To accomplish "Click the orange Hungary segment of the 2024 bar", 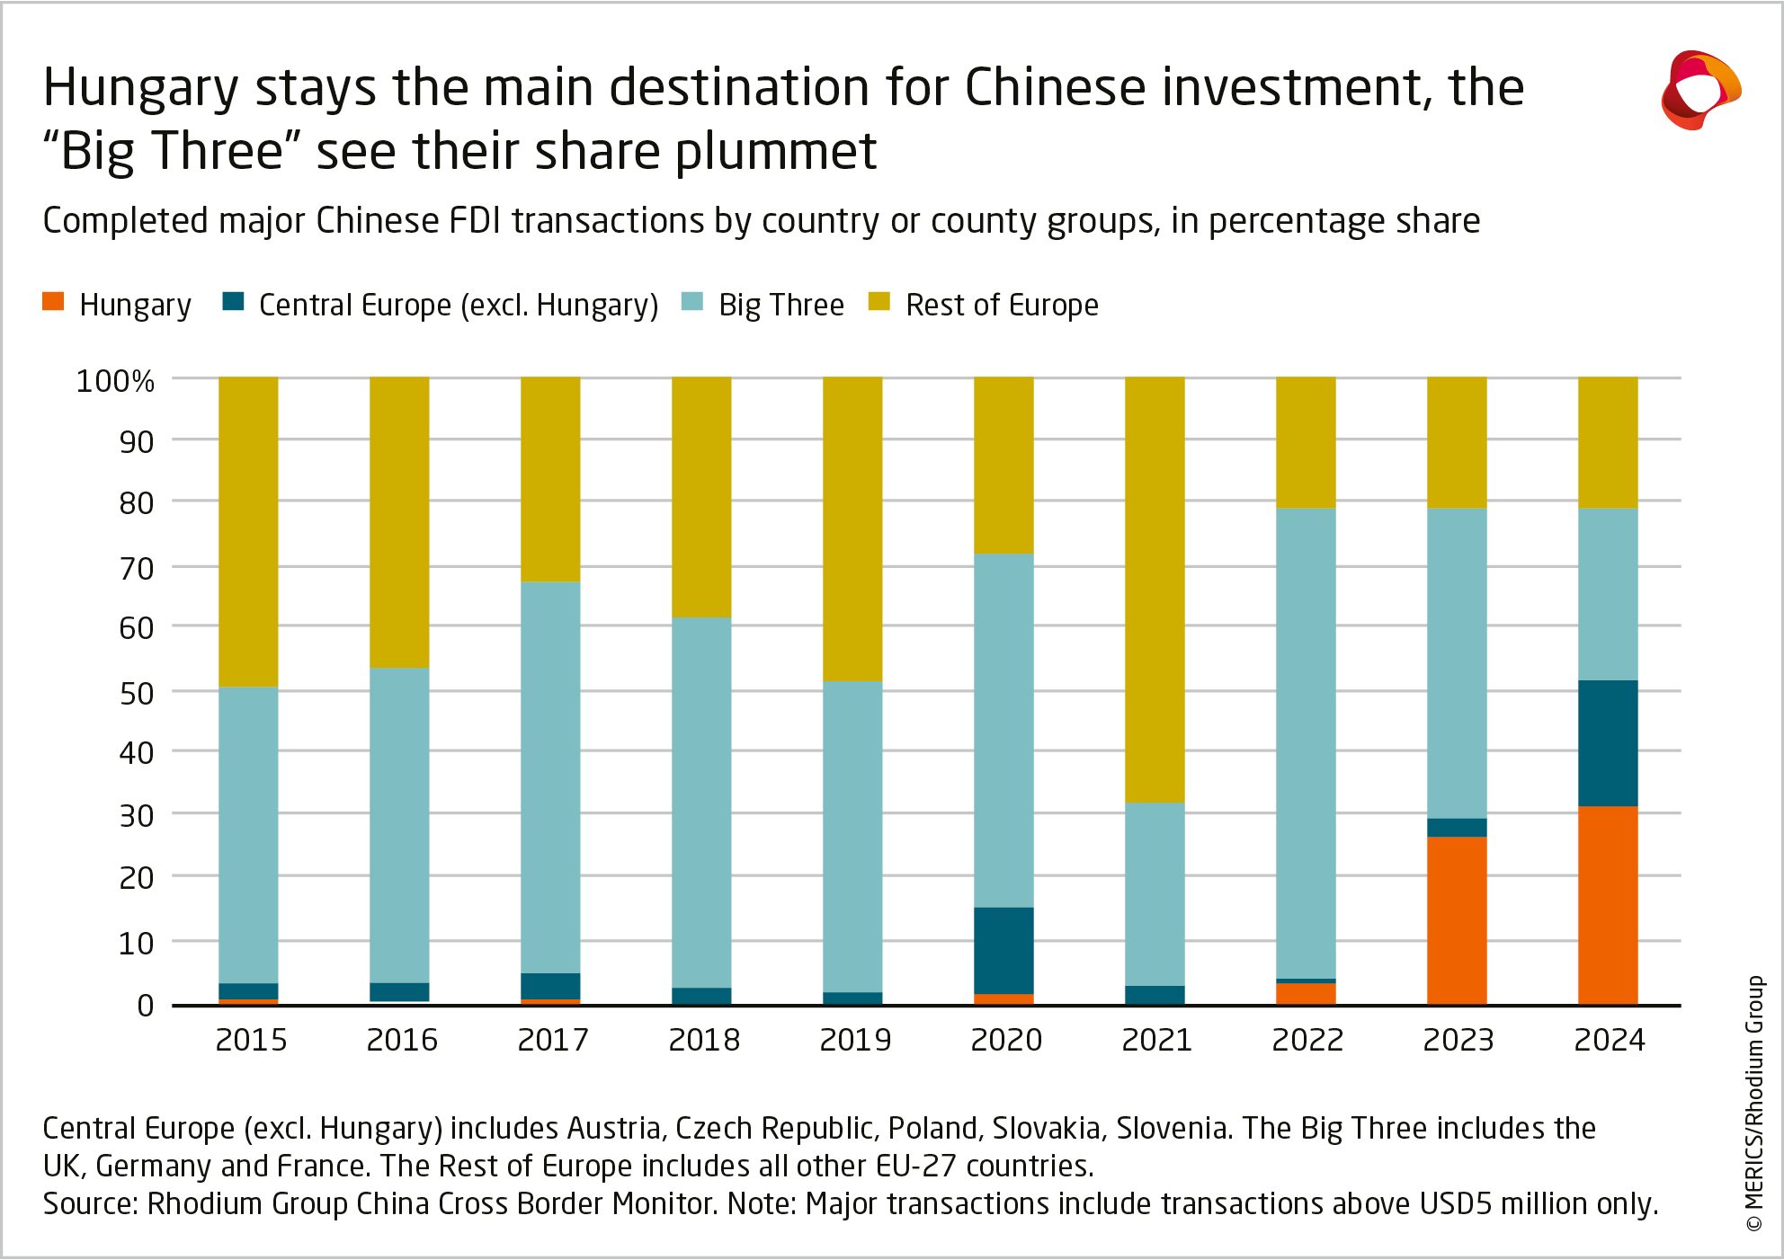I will (1608, 905).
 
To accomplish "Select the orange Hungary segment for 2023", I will (1457, 920).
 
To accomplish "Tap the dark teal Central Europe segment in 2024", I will (1608, 743).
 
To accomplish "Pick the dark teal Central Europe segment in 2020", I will (1003, 951).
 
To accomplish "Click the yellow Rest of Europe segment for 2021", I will (1155, 590).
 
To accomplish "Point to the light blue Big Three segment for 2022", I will (1306, 743).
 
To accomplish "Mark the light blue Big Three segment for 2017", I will (550, 777).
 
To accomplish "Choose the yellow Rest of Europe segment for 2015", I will (248, 532).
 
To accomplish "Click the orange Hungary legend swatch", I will (53, 302).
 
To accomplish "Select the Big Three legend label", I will (780, 306).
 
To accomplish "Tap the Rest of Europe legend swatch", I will (879, 302).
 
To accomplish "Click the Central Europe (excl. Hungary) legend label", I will (459, 306).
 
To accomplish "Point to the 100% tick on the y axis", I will (115, 381).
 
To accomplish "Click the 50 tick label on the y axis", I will (136, 693).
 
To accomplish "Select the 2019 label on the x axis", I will (855, 1040).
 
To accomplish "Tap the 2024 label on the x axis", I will (1609, 1040).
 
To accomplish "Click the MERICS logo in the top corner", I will (1700, 90).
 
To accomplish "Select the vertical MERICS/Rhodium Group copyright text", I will (1754, 1103).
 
